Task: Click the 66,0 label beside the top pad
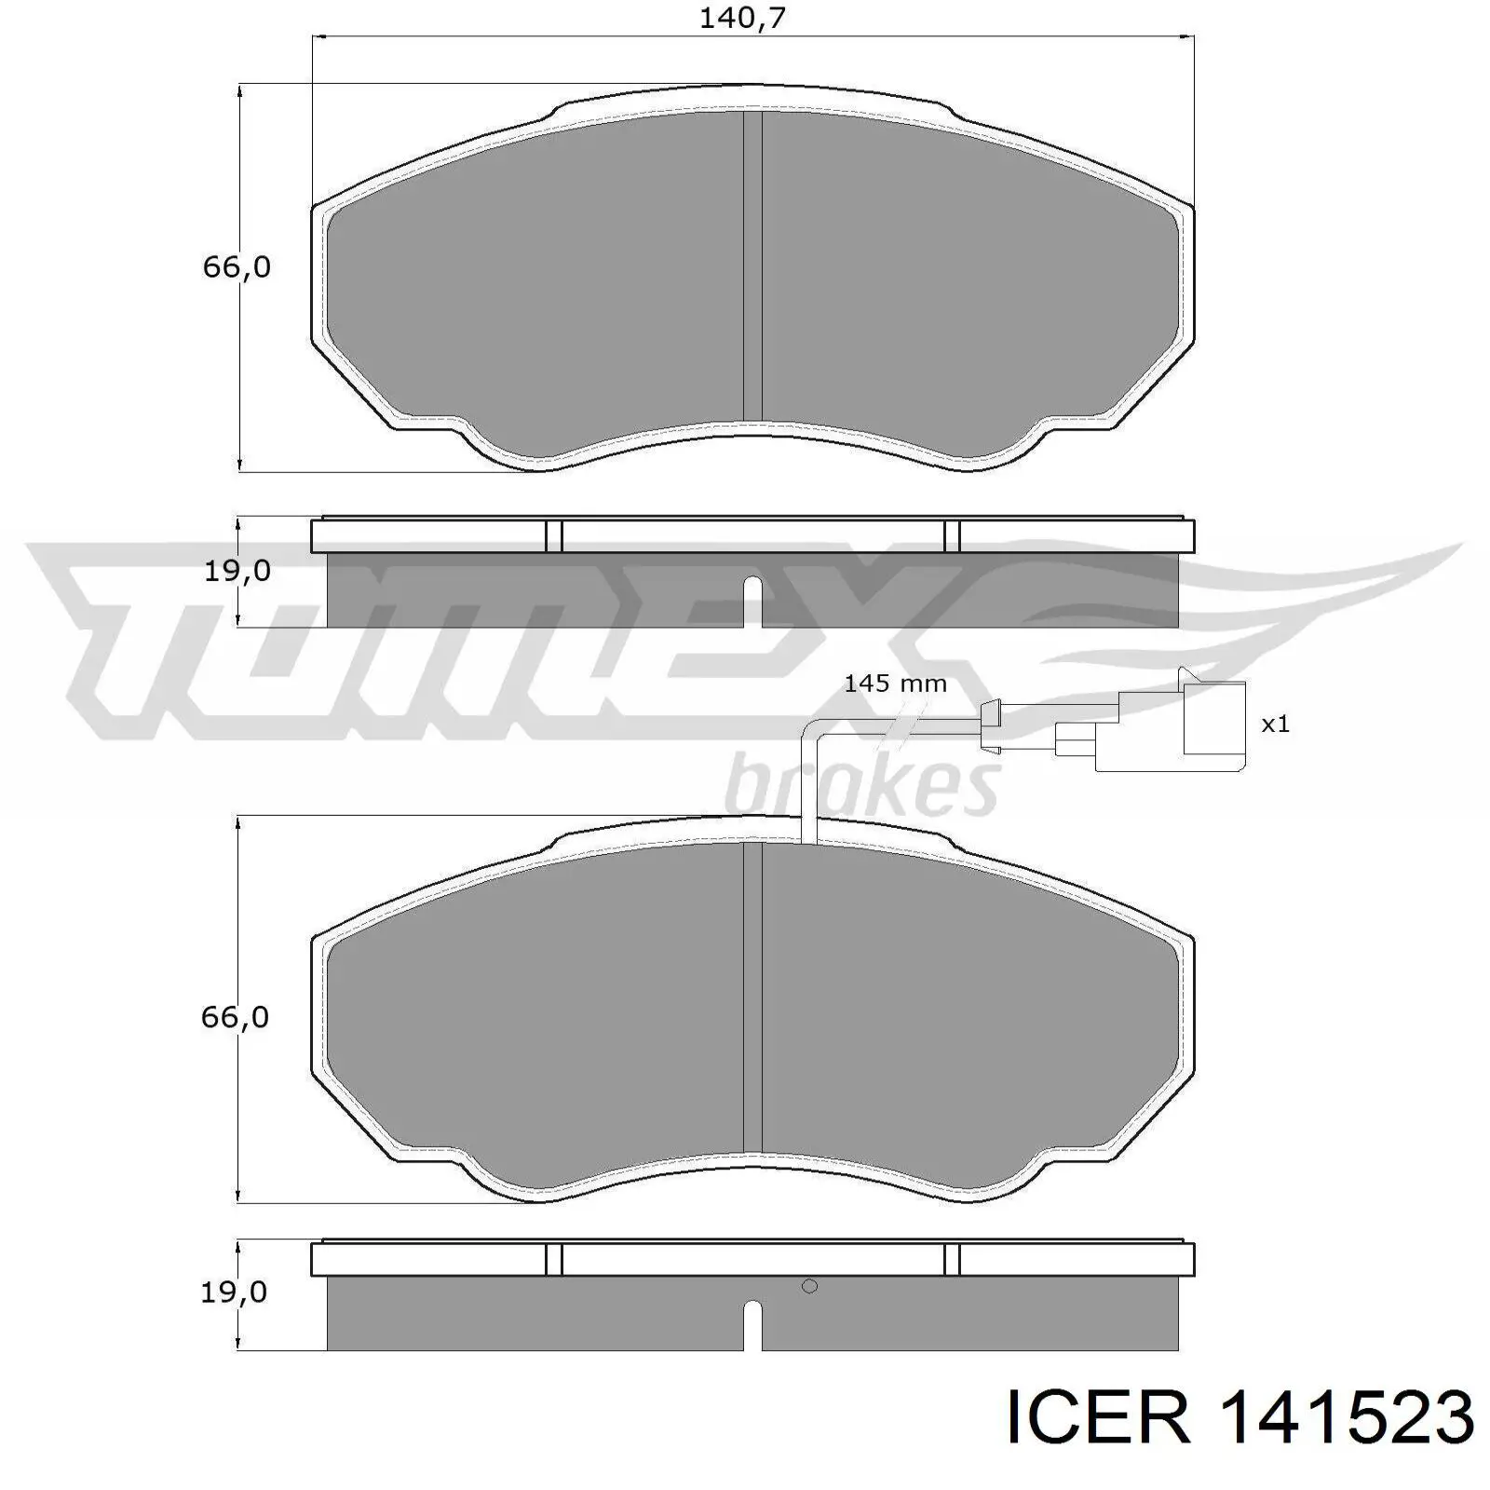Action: click(236, 267)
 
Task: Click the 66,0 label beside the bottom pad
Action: click(235, 1017)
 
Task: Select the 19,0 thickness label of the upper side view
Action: click(237, 570)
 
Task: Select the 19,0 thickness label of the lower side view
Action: click(234, 1292)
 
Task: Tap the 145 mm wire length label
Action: click(894, 684)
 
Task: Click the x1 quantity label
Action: click(1275, 724)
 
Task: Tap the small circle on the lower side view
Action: click(809, 1286)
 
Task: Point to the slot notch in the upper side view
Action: click(752, 601)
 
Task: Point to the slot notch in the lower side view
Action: click(752, 1323)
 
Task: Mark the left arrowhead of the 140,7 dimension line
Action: click(317, 37)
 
